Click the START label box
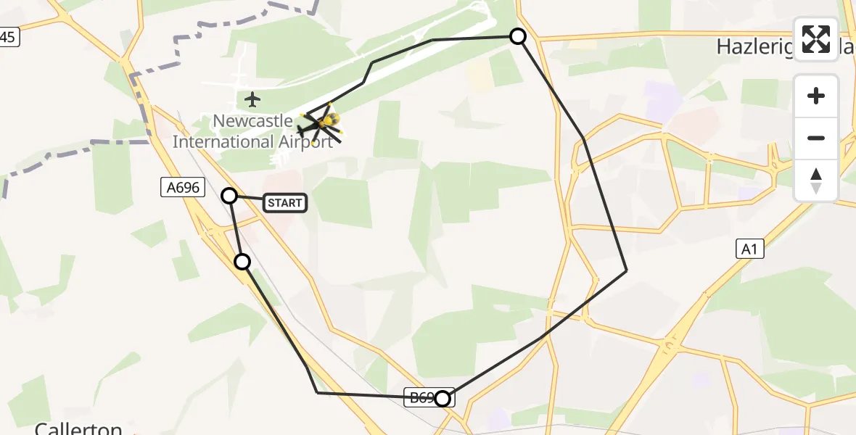(285, 203)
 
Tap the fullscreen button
(816, 39)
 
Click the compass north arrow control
(816, 181)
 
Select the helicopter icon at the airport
(321, 125)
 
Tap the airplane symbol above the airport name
(252, 99)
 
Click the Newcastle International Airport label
(252, 131)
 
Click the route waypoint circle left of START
(229, 195)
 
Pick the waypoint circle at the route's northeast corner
(518, 36)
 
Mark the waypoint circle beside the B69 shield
(443, 398)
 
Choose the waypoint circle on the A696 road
(242, 262)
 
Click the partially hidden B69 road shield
(421, 397)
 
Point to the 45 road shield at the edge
(8, 37)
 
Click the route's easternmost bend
(626, 270)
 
